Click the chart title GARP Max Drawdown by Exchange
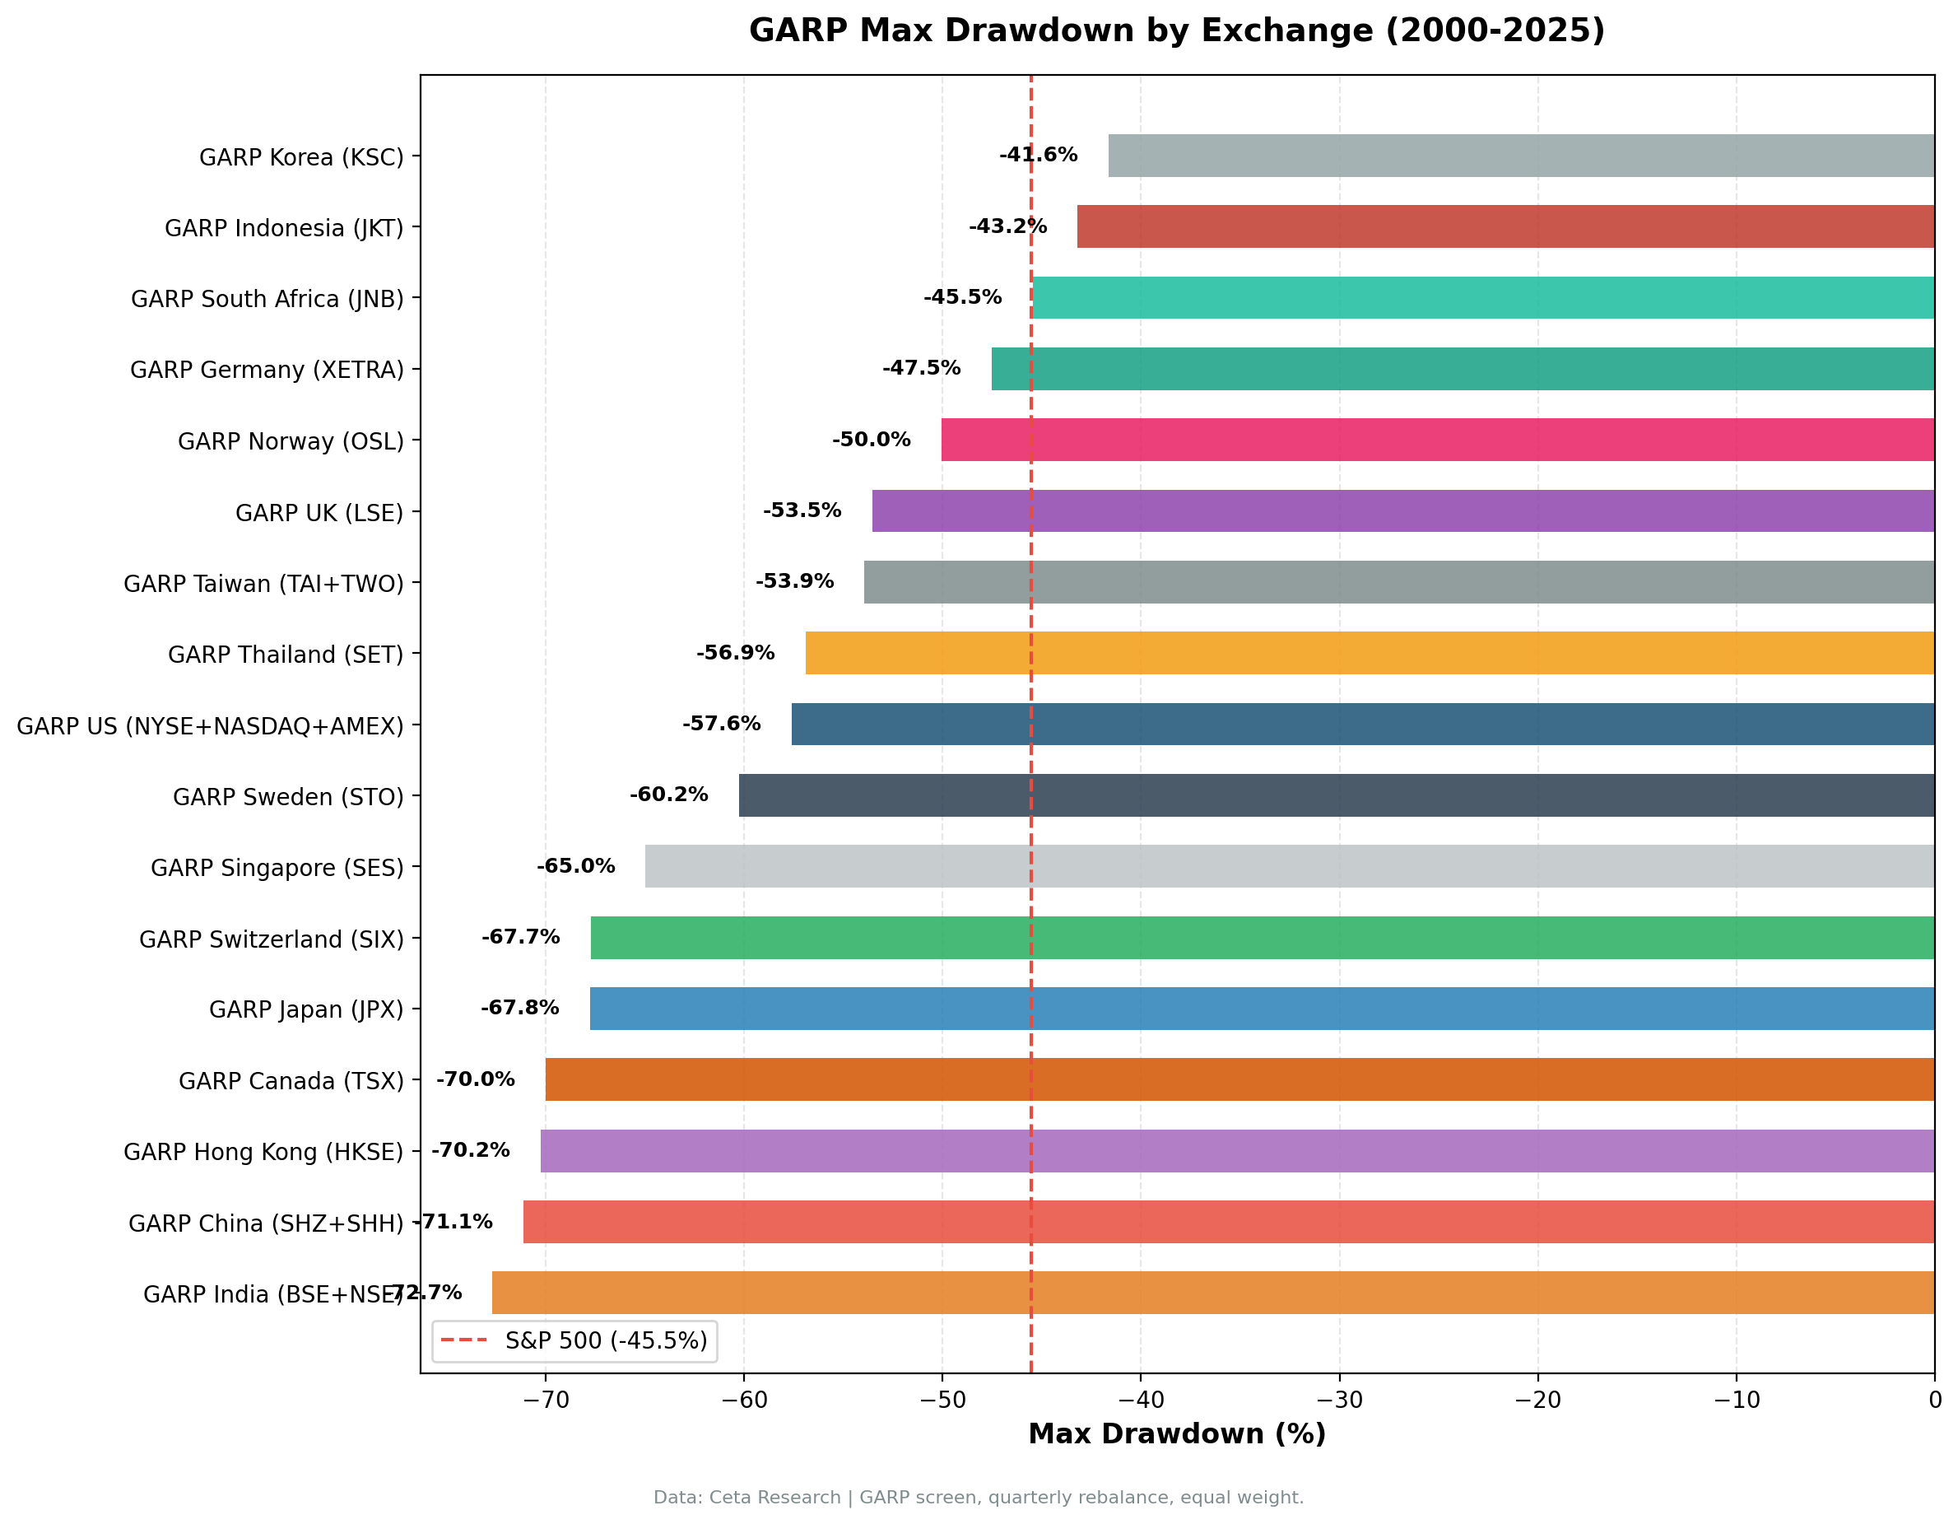[x=1176, y=31]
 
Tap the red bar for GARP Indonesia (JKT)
[x=1505, y=227]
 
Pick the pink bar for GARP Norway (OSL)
[x=1437, y=440]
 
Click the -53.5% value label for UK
[x=802, y=511]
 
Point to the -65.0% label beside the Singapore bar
[x=575, y=866]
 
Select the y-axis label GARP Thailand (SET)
[x=285, y=655]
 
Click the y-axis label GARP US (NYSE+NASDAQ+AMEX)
[x=210, y=726]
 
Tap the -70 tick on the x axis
[x=545, y=1400]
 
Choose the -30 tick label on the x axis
[x=1338, y=1400]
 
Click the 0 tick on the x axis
[x=1935, y=1400]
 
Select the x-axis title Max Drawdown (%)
[x=1176, y=1434]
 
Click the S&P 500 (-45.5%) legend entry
[x=574, y=1341]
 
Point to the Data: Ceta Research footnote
[x=978, y=1498]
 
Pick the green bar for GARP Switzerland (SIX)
[x=1263, y=939]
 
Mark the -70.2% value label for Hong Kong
[x=471, y=1151]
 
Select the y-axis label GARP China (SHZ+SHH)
[x=265, y=1224]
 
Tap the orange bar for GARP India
[x=1213, y=1293]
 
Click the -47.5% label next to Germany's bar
[x=921, y=369]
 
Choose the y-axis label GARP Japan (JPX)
[x=305, y=1010]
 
